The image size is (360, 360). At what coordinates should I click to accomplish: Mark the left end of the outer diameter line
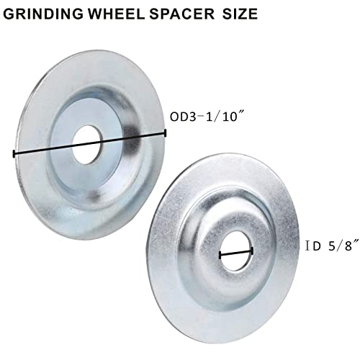coord(14,154)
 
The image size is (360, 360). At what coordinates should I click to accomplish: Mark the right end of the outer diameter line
coord(166,132)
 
